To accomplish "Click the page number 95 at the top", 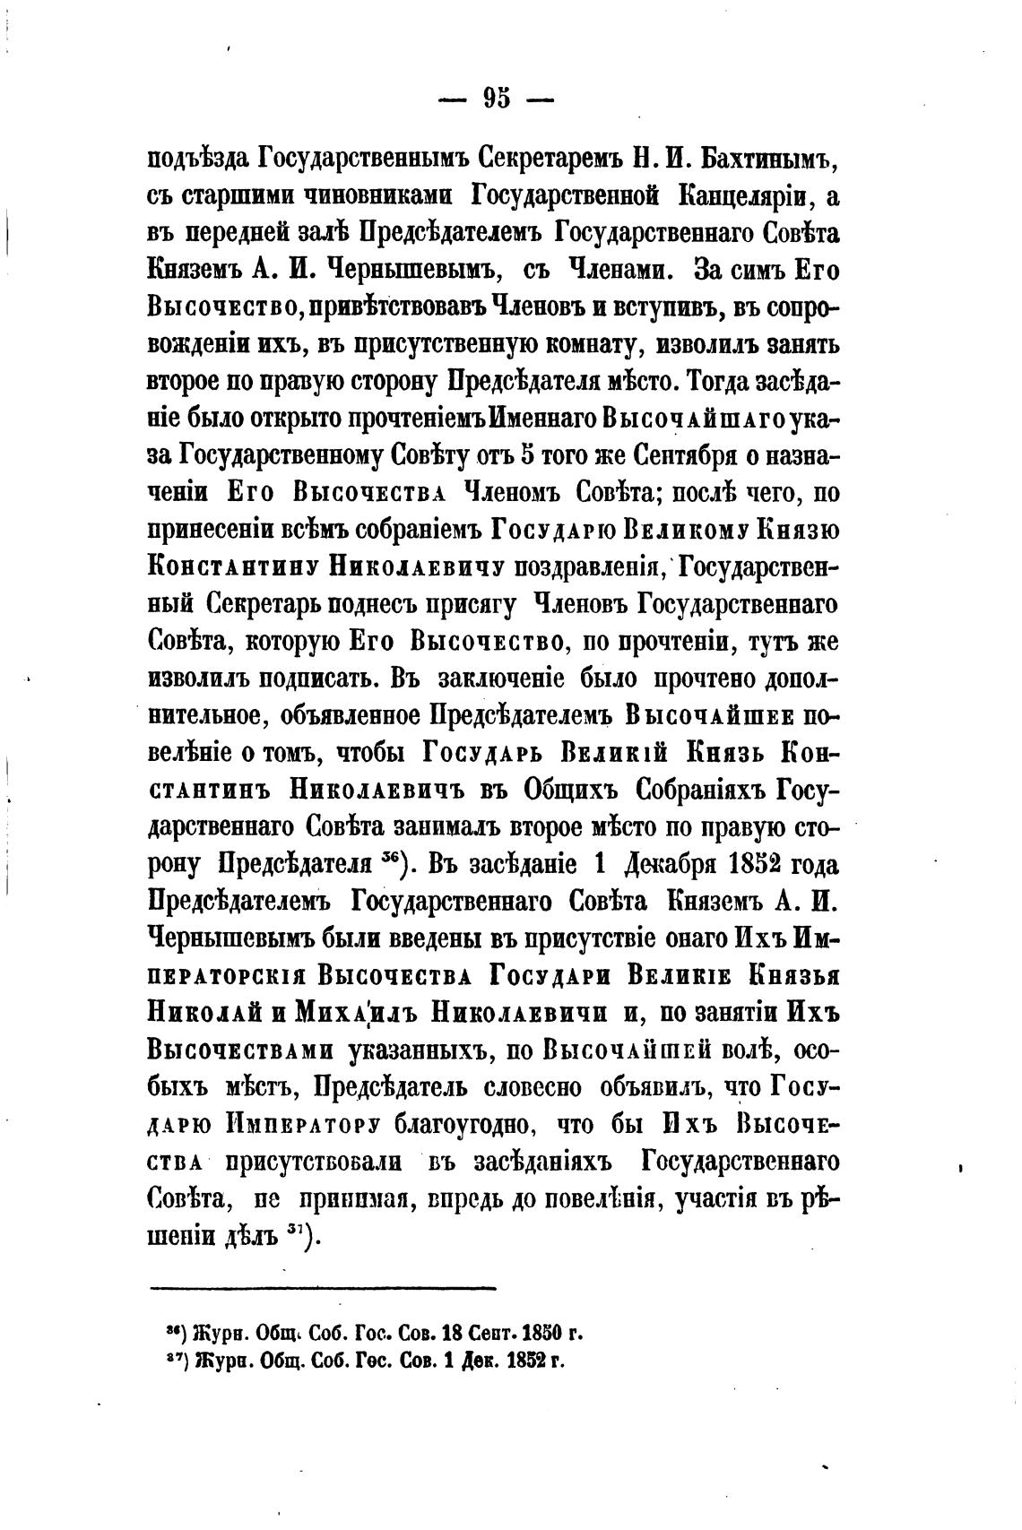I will tap(497, 97).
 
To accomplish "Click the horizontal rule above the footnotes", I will tap(322, 1289).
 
